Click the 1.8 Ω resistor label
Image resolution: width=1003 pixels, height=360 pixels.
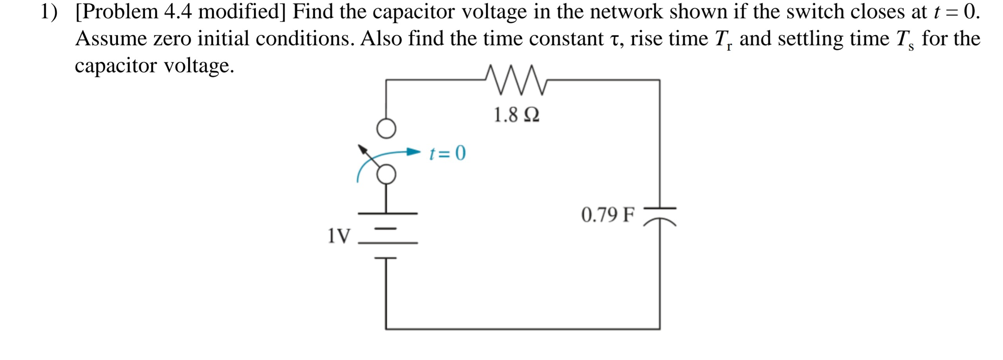coord(516,115)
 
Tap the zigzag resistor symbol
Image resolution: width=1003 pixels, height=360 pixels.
coord(516,80)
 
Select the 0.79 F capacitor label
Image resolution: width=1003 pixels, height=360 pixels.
coord(608,215)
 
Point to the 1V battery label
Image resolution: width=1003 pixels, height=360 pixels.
coord(339,236)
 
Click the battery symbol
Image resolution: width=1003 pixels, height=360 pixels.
coord(387,236)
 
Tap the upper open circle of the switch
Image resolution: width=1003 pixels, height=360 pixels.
coord(386,129)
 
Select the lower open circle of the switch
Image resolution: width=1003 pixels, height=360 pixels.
coord(386,175)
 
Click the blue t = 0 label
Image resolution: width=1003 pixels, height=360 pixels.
coord(447,153)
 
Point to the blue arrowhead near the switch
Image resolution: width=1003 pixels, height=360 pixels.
coord(413,152)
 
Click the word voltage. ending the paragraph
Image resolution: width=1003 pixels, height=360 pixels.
coord(199,65)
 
